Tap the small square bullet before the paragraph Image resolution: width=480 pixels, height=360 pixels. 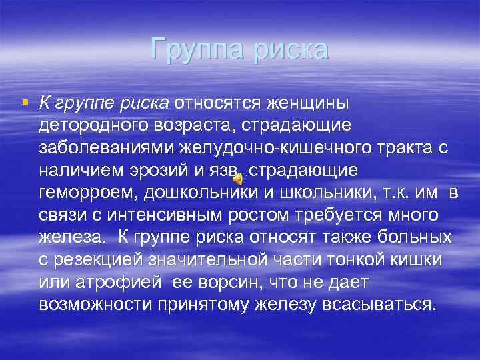tap(25, 102)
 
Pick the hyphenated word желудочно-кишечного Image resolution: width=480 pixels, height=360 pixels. tap(286, 148)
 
